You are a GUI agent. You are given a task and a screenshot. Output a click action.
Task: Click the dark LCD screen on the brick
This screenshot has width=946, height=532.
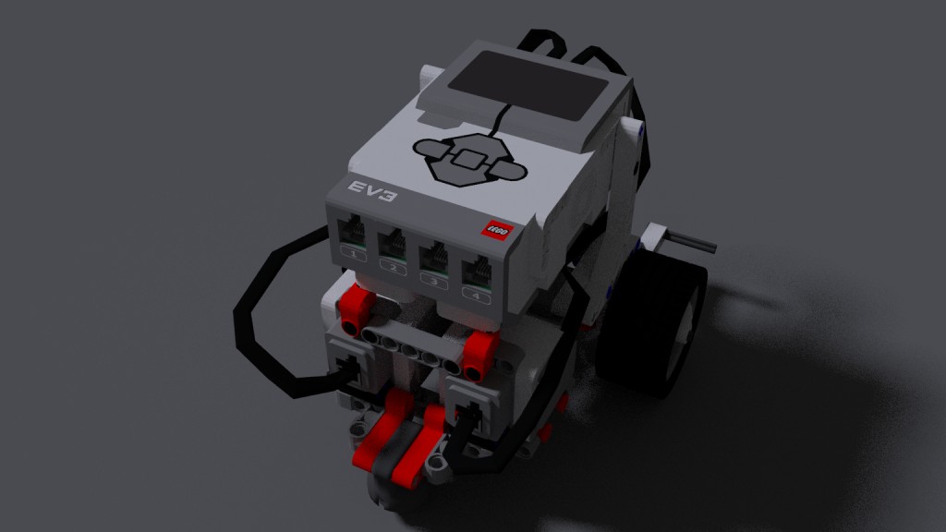(528, 91)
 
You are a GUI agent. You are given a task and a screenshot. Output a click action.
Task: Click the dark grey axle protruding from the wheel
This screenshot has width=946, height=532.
(691, 242)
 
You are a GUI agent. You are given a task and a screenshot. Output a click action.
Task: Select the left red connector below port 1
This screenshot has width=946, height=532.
(357, 308)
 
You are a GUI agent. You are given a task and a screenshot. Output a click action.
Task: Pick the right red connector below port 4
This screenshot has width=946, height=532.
(479, 357)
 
